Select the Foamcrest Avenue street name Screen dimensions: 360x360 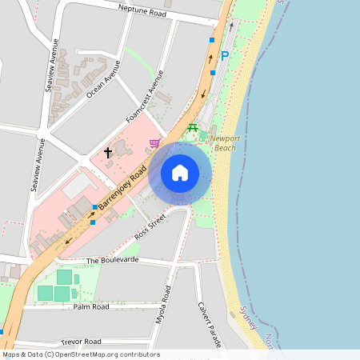145,97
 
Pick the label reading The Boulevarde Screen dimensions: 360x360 113,260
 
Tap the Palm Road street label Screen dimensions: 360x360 90,306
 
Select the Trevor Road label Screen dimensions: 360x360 81,341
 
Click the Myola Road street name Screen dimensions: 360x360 164,305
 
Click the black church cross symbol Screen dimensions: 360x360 108,151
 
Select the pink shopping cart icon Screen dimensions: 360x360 154,143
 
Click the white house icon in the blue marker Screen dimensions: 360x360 180,173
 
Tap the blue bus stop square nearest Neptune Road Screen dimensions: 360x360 212,39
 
